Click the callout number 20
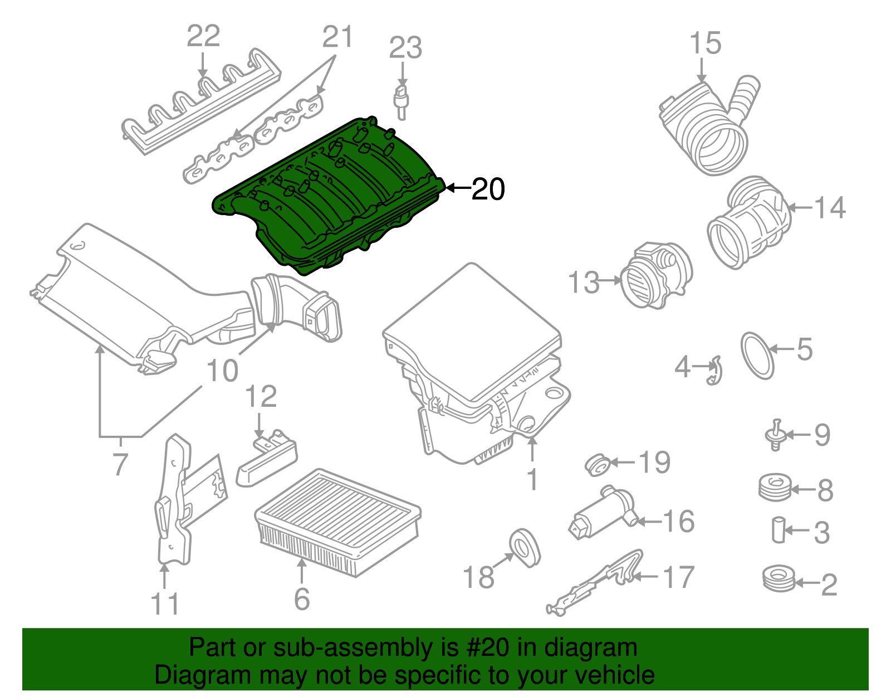tap(488, 189)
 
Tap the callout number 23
tap(405, 48)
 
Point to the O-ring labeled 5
tap(757, 356)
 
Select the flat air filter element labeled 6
tap(337, 521)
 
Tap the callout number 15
tap(706, 43)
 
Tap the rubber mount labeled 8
tap(775, 487)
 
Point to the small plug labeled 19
tap(598, 465)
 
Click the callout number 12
tap(261, 396)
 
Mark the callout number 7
tap(120, 464)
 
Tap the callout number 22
tap(203, 36)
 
